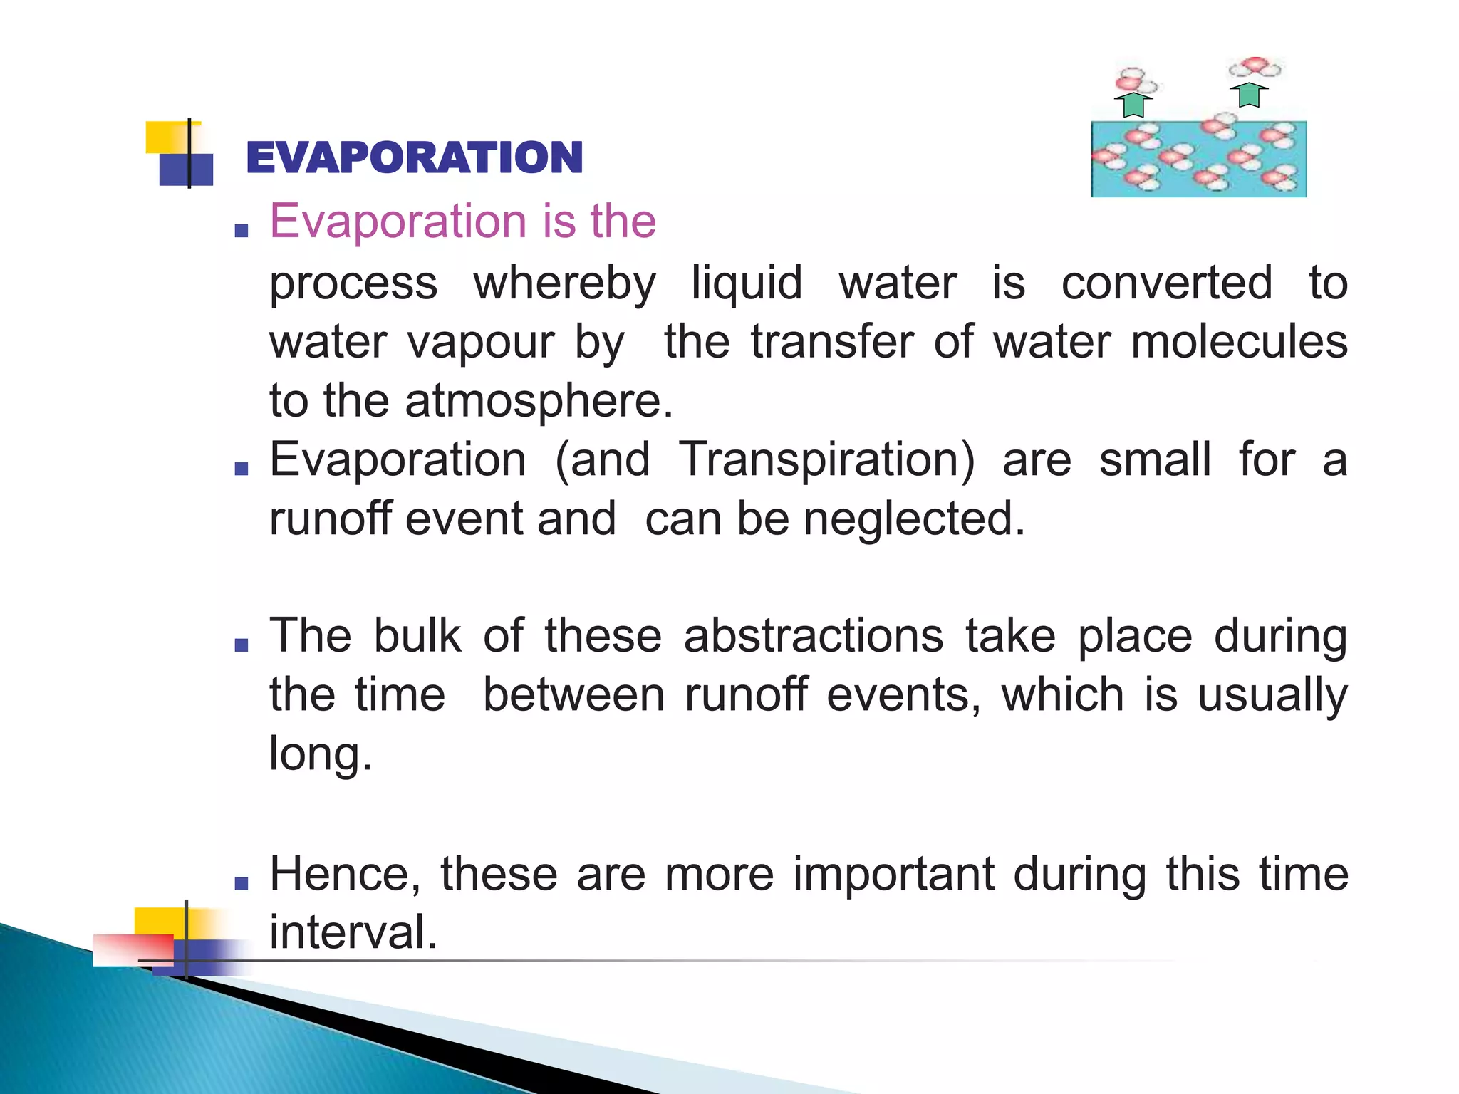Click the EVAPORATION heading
coord(414,157)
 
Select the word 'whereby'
coord(564,283)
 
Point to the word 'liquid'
coord(747,283)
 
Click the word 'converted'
coord(1166,283)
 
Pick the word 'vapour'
coord(481,343)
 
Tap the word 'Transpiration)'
coord(826,459)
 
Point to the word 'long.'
coord(321,754)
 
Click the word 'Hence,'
coord(345,874)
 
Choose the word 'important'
coord(893,874)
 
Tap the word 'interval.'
coord(353,932)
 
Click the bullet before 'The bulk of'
coord(242,645)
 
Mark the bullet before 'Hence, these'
coord(242,884)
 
